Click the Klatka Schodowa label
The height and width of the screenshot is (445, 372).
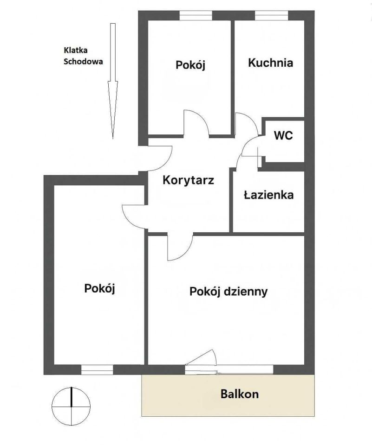click(x=83, y=55)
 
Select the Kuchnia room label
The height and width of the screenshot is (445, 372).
click(x=270, y=63)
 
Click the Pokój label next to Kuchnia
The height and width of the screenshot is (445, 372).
click(x=190, y=65)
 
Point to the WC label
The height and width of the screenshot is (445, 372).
click(x=283, y=136)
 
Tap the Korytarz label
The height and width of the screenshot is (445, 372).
click(x=188, y=180)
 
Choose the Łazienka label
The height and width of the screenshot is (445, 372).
click(x=268, y=195)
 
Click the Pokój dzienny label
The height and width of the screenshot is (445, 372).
click(x=228, y=292)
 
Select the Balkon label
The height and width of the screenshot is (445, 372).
click(x=239, y=394)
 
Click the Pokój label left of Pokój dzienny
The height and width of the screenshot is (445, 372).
click(x=99, y=288)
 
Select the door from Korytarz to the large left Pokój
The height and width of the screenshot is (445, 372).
click(x=135, y=216)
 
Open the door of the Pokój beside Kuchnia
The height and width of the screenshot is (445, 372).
click(x=196, y=123)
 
